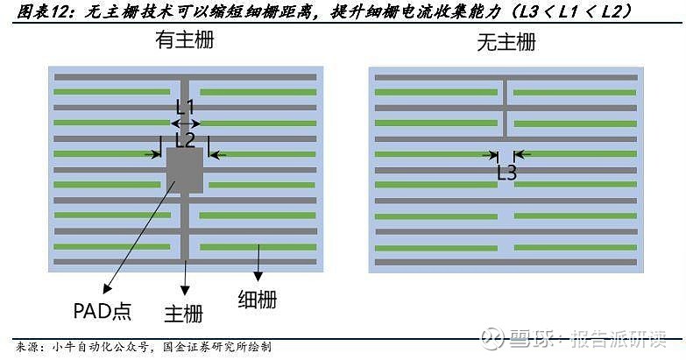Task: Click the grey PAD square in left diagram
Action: [185, 170]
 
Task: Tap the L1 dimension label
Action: [186, 107]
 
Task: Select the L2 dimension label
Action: [185, 139]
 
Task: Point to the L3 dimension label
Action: [506, 173]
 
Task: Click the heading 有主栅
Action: [184, 41]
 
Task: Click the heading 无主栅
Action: [506, 43]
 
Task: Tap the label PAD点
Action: [101, 311]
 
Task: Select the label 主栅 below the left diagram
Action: [184, 313]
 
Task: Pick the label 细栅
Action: [257, 299]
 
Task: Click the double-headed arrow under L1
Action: [186, 124]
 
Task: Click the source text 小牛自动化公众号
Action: [100, 347]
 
